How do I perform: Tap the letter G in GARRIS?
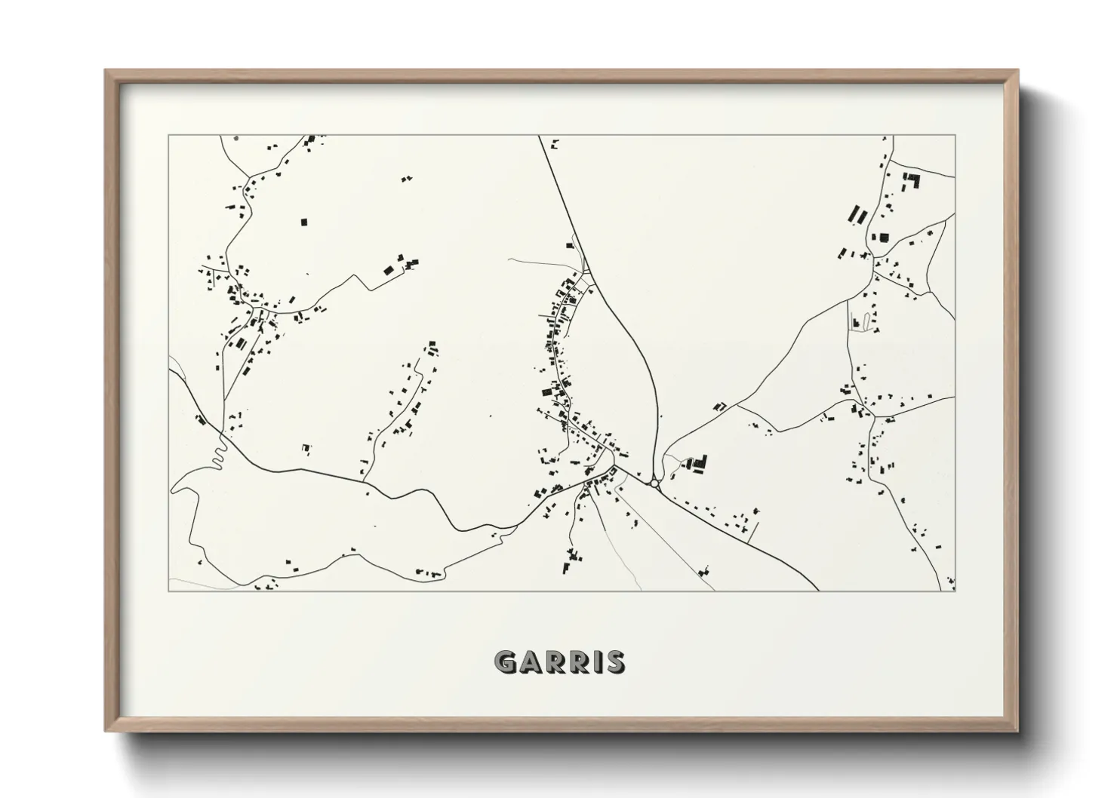[506, 662]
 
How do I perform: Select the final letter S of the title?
[614, 662]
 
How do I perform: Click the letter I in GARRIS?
[595, 662]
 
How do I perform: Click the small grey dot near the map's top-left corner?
[236, 138]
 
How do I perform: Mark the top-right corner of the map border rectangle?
[955, 136]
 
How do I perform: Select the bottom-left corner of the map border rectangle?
[169, 591]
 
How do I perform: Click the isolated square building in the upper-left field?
[304, 222]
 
